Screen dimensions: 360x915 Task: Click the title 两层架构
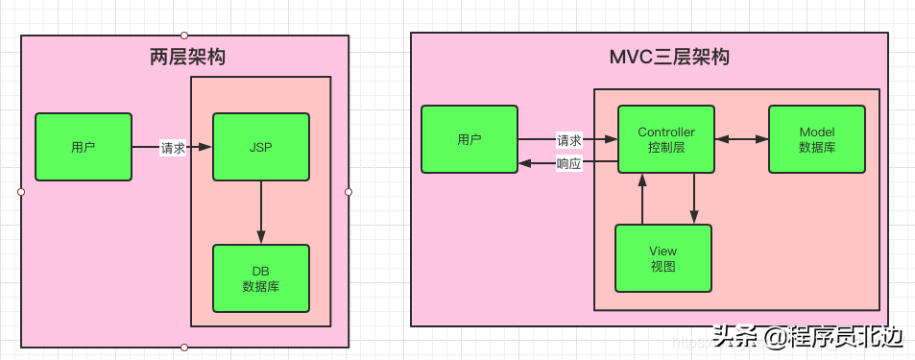point(187,58)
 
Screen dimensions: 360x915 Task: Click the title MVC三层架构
point(669,57)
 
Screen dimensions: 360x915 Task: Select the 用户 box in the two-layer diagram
point(84,147)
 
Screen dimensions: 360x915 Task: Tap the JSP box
point(260,147)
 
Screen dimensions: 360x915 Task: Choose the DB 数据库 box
point(260,278)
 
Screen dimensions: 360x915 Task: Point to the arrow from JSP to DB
point(260,212)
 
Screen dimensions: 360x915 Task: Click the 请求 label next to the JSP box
point(173,148)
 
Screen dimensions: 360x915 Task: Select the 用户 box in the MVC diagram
point(470,139)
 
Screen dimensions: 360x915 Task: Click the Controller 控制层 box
point(666,139)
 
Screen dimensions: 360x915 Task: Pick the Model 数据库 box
point(817,139)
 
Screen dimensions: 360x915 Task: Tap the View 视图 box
point(663,258)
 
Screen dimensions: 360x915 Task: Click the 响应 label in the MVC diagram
point(569,163)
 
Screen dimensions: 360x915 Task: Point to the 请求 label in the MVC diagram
point(569,139)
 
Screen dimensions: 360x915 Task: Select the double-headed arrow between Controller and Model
point(741,139)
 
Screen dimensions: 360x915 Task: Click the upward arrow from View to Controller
point(641,199)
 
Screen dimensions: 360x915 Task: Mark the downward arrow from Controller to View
point(694,199)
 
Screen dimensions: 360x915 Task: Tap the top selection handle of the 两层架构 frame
point(184,36)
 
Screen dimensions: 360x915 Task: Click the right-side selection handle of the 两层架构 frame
point(349,192)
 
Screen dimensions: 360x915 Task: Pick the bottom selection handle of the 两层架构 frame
point(184,348)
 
